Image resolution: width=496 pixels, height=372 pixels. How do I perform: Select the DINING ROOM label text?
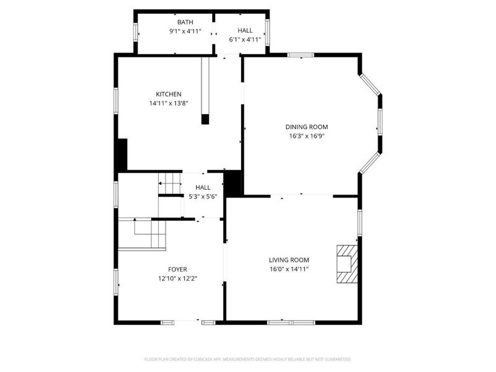[x=307, y=126]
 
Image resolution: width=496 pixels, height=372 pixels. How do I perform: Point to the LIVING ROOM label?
[x=289, y=260]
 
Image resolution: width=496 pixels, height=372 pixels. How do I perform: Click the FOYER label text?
[x=177, y=269]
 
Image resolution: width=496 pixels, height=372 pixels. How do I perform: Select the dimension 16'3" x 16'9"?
[x=307, y=136]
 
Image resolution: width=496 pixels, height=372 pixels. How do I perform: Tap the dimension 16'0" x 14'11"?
[x=289, y=269]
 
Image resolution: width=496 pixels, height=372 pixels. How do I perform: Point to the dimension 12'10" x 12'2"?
[x=177, y=278]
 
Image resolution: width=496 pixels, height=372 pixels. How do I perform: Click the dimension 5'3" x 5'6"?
[x=203, y=197]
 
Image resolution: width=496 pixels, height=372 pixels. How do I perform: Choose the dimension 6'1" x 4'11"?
[x=245, y=39]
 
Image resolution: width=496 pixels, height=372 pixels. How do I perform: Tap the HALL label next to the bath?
[x=245, y=30]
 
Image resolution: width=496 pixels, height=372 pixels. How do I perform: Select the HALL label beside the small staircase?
[x=203, y=187]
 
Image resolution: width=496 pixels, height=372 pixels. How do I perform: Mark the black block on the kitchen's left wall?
[x=122, y=154]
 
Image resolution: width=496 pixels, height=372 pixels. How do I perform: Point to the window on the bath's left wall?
[x=136, y=32]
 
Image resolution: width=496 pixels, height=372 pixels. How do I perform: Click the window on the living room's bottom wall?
[x=291, y=322]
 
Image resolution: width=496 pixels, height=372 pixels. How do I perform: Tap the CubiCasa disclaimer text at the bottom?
[x=247, y=360]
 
